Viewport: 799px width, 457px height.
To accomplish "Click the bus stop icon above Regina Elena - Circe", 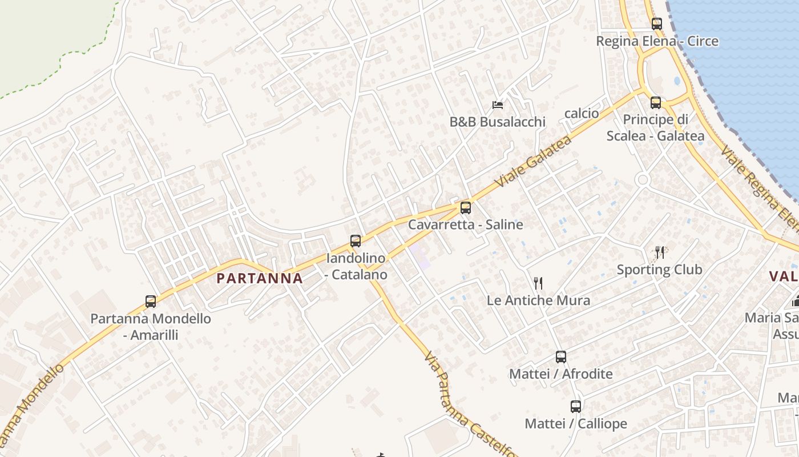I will point(657,24).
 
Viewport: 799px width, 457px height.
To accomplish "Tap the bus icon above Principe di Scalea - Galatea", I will point(656,103).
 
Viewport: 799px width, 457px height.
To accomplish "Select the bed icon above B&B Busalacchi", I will point(498,105).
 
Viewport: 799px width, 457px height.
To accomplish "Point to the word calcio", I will point(582,113).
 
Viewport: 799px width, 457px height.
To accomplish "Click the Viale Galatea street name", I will point(534,162).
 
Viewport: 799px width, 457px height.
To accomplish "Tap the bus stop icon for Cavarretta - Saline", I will point(466,208).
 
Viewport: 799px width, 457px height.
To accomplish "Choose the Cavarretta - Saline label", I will point(466,225).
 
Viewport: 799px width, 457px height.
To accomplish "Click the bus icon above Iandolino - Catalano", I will point(356,241).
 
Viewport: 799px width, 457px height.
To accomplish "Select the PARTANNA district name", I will point(260,279).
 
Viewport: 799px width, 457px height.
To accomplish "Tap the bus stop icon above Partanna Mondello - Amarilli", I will point(151,302).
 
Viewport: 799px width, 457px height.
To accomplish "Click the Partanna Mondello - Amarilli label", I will point(151,326).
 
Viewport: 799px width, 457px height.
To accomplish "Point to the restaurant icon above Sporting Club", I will point(660,252).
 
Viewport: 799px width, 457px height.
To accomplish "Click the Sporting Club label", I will point(660,270).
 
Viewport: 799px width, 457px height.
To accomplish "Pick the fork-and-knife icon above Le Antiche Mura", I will point(538,283).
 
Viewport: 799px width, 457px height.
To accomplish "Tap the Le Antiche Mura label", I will point(538,300).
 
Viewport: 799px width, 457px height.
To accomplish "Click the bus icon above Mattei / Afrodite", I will point(561,357).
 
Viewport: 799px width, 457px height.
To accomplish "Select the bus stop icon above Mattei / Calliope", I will point(576,407).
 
